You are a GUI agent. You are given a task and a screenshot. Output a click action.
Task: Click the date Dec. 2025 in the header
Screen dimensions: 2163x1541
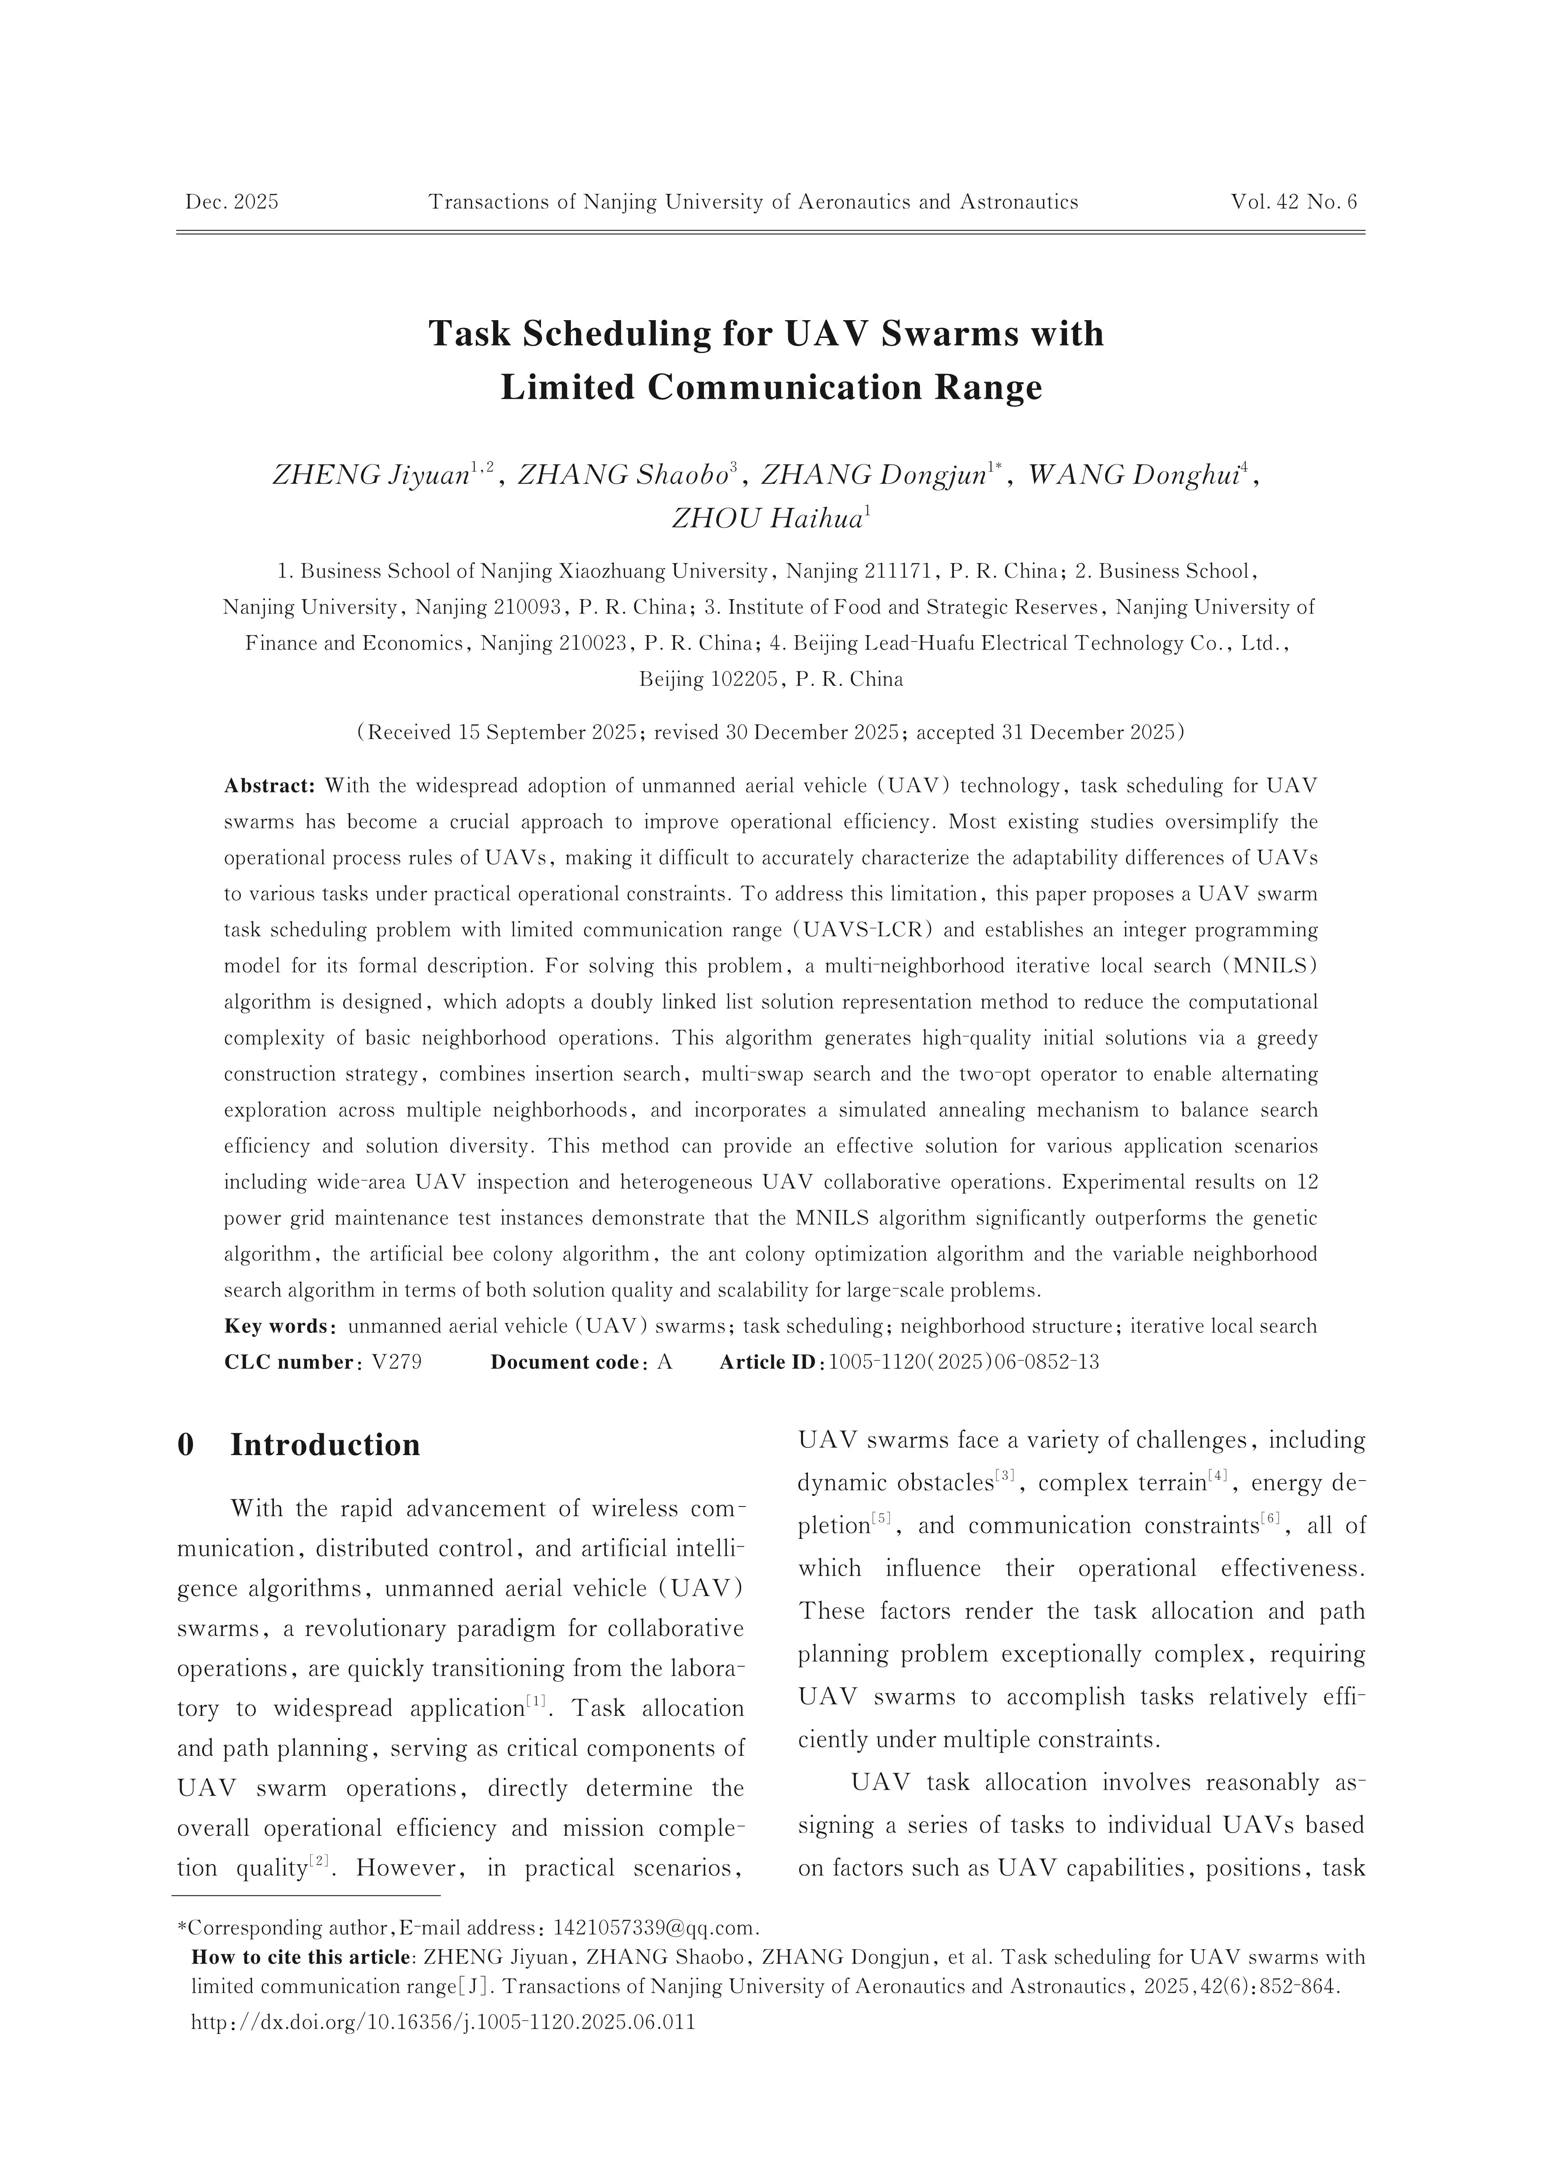[231, 202]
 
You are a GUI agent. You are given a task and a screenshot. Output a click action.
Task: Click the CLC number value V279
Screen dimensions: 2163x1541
[396, 1362]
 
